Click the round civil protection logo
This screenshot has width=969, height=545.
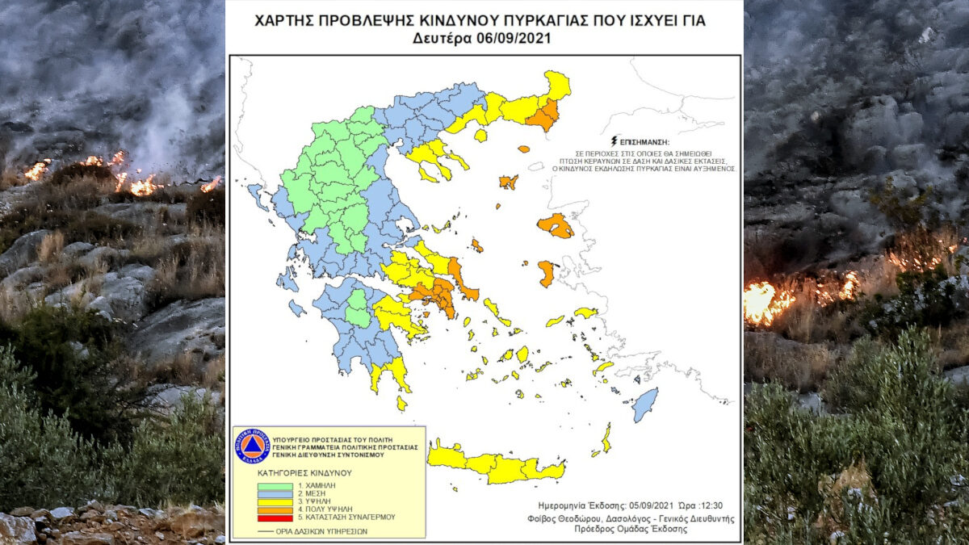(251, 446)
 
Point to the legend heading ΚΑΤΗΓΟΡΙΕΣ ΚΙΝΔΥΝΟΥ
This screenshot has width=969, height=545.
(305, 472)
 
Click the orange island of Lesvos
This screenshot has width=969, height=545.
(556, 225)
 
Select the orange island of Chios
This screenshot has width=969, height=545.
(547, 273)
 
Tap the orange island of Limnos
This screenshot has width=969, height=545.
(508, 182)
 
